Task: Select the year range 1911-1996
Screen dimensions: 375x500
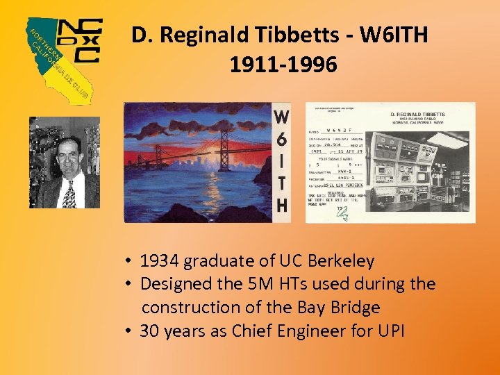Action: click(283, 65)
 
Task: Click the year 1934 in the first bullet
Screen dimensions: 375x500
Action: click(159, 261)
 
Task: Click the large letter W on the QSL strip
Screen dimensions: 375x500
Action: click(281, 118)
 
